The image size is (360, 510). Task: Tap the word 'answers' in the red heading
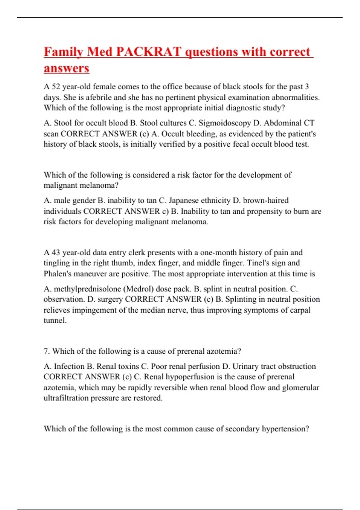point(67,68)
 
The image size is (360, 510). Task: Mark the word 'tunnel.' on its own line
point(55,320)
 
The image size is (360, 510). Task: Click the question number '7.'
point(46,351)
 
